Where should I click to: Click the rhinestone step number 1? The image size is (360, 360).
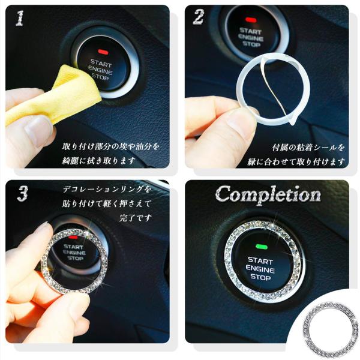tap(20, 18)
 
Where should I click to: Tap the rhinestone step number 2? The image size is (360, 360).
tap(199, 17)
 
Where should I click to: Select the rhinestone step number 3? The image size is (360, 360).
tap(23, 193)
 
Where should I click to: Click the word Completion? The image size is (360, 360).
tap(268, 194)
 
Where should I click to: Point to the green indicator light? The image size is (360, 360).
tap(262, 247)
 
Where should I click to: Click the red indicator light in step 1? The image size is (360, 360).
tap(103, 52)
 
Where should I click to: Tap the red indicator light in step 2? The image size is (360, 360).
tap(251, 20)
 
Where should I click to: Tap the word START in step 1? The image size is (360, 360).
tap(101, 63)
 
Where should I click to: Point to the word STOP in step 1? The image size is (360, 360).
tap(100, 76)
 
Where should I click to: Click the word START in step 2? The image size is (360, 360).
tap(250, 31)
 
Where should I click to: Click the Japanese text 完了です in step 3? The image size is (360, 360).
tap(136, 218)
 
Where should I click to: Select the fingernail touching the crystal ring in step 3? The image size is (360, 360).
tap(44, 227)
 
